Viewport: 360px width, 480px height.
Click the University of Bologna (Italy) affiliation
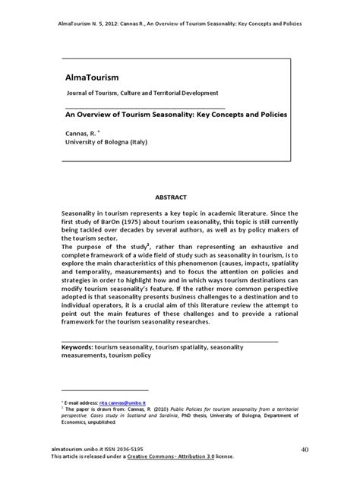(x=107, y=142)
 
